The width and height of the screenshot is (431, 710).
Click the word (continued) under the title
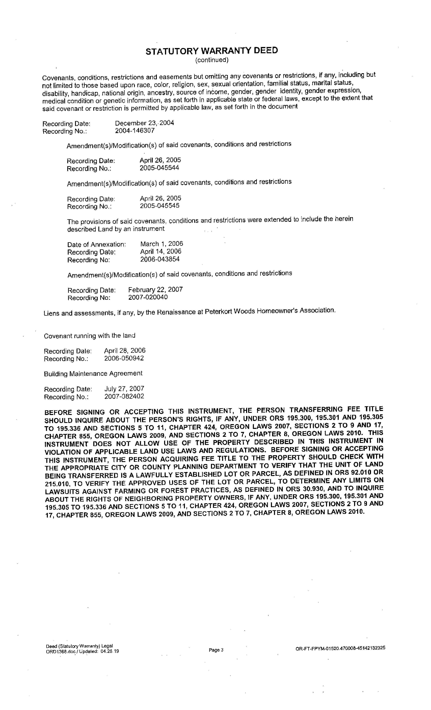pos(212,60)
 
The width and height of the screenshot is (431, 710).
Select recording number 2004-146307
pos(135,131)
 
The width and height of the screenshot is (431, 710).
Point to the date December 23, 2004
pos(144,123)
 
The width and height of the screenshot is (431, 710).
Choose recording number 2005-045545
pos(160,206)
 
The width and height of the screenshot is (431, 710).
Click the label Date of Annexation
pos(97,245)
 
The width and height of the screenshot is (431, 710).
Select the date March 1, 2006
pos(162,244)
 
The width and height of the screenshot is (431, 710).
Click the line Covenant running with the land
pos(90,336)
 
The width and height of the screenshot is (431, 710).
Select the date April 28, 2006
pos(125,351)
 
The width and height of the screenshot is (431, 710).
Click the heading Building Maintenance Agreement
pos(93,373)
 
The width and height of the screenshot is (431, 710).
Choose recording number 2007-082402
pos(124,396)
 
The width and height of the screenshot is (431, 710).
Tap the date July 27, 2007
pos(124,389)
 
